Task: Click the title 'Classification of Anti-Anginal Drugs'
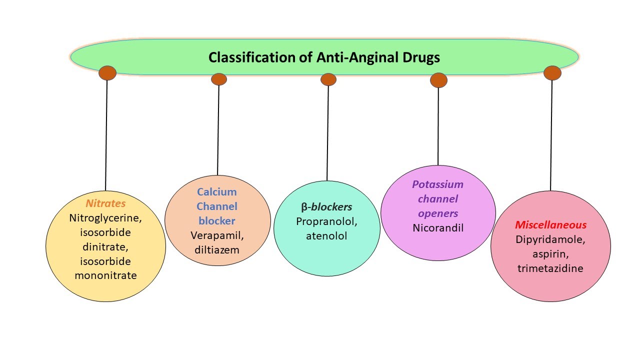point(324,57)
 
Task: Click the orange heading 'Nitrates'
point(105,203)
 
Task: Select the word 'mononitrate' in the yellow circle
point(105,275)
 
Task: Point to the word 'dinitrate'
point(105,246)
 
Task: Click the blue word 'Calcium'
point(216,192)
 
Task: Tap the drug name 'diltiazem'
point(217,249)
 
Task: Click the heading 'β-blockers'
point(326,207)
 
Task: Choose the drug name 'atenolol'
point(326,235)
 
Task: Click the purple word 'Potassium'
point(437,184)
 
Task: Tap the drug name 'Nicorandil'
point(438,228)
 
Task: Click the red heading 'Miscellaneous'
point(550,225)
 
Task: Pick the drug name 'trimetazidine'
point(550,268)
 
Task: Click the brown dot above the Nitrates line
point(107,73)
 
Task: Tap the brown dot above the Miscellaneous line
point(552,73)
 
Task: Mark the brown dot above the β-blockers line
point(328,79)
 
